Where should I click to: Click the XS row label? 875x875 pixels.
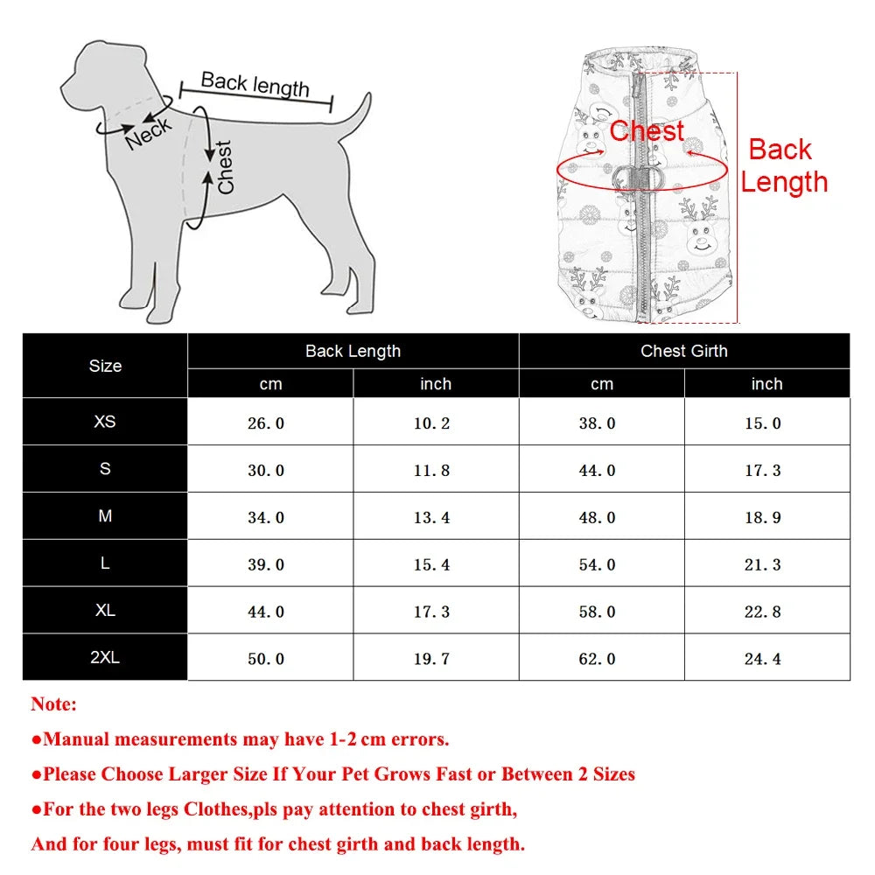[x=105, y=422]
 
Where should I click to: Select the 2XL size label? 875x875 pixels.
[x=105, y=658]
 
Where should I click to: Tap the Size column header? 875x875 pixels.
[x=105, y=366]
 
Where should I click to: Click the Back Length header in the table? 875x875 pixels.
[x=353, y=351]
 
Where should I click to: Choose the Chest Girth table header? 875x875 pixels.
[x=683, y=351]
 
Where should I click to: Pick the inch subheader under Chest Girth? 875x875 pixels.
[x=766, y=384]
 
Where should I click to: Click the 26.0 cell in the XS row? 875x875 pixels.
[x=266, y=423]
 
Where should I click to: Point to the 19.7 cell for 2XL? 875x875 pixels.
[x=431, y=659]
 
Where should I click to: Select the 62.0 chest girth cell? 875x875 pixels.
[x=597, y=659]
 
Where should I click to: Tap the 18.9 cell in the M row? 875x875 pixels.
[x=762, y=518]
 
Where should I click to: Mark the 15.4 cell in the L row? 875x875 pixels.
[x=431, y=565]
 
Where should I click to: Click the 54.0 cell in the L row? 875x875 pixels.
[x=597, y=565]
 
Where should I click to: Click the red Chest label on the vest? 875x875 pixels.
[x=647, y=131]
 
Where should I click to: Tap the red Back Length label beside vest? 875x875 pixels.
[x=783, y=165]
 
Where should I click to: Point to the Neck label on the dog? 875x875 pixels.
[x=148, y=134]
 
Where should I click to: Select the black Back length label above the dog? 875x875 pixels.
[x=255, y=84]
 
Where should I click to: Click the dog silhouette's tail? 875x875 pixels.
[x=354, y=118]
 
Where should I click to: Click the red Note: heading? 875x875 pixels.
[x=54, y=703]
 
